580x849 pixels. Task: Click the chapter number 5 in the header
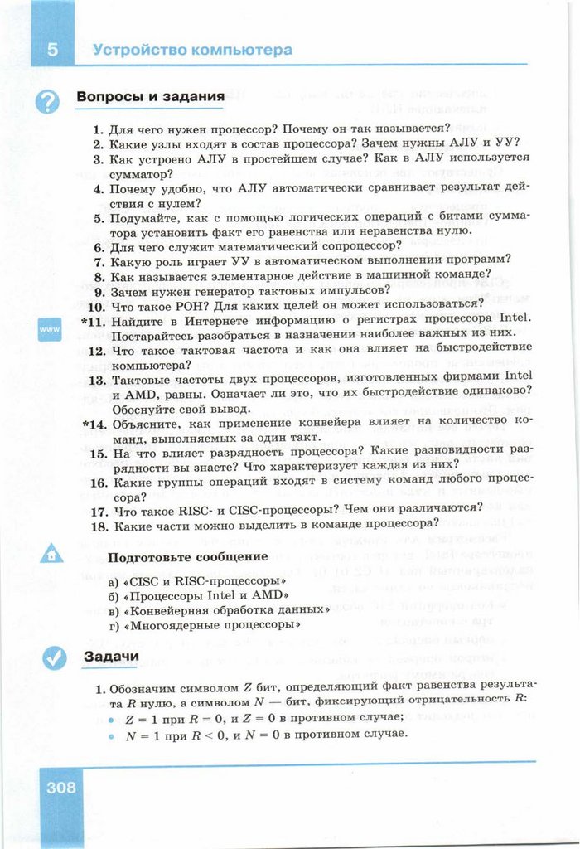coord(51,48)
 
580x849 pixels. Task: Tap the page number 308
coord(60,787)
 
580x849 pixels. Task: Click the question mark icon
coord(50,101)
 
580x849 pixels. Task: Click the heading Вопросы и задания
coord(150,97)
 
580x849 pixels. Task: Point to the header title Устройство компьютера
coord(192,49)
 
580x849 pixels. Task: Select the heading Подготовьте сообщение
coord(188,555)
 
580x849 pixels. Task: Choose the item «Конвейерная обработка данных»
coord(225,609)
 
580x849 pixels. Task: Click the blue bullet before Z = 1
coord(109,718)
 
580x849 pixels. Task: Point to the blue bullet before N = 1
coord(109,735)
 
